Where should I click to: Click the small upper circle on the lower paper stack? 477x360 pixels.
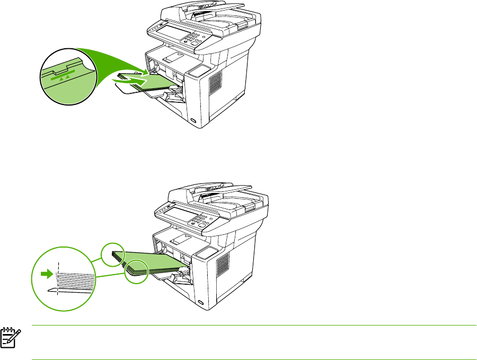[x=112, y=254]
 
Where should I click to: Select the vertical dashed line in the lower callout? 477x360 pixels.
[x=57, y=278]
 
